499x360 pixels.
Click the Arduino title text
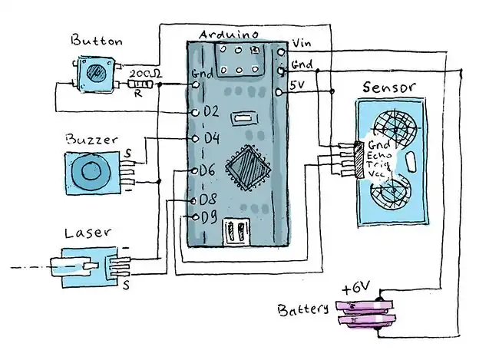pos(226,35)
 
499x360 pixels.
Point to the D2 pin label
pos(210,111)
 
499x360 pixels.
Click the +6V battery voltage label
pos(357,289)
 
